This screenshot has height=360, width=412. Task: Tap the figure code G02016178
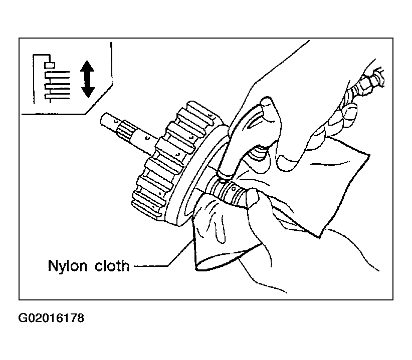pos(51,318)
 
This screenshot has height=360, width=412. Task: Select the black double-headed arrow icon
pos(87,79)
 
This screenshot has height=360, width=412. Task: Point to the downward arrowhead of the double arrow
pos(87,92)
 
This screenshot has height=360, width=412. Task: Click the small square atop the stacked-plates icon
pos(49,64)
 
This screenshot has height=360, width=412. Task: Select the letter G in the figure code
pos(23,318)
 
